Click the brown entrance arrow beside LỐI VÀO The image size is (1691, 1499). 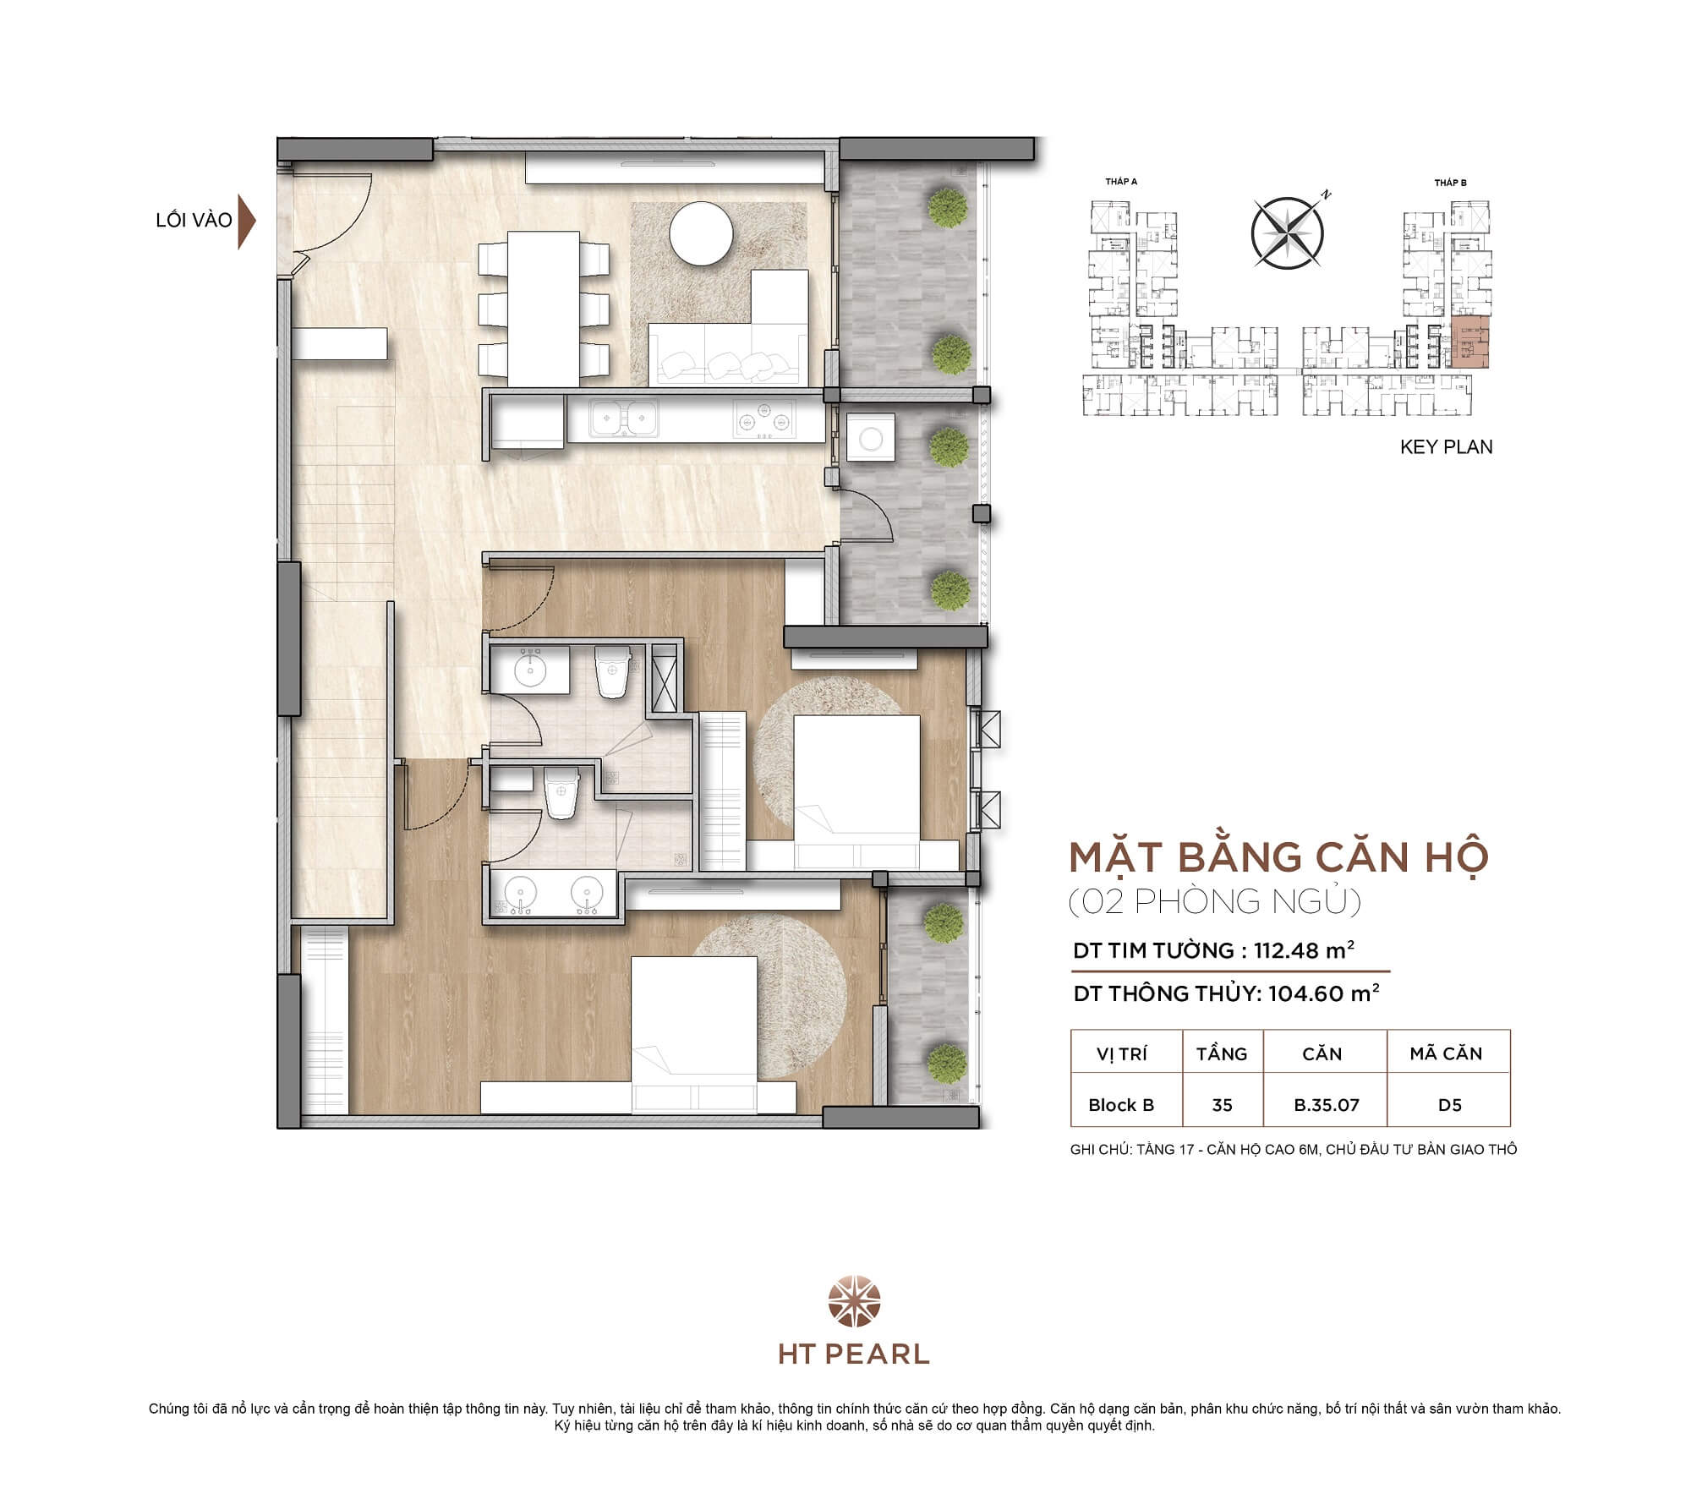coord(246,221)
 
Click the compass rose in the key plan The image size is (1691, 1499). coord(1287,233)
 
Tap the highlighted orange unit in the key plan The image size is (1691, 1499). coord(1470,342)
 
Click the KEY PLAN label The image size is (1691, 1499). coord(1446,447)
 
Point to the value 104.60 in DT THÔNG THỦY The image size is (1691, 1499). coord(1305,993)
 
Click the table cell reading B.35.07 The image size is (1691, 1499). coord(1326,1105)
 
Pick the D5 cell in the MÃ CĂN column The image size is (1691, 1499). coord(1449,1105)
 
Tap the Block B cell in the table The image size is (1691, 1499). coord(1121,1105)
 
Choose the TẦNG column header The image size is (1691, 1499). coord(1222,1053)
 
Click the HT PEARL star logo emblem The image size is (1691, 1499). coord(854,1303)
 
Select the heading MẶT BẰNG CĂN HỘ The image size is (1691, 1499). coord(1278,857)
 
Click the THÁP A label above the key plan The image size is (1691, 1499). coord(1121,182)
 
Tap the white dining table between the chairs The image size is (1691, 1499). coord(543,306)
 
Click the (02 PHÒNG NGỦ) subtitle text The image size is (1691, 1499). coord(1215,902)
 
